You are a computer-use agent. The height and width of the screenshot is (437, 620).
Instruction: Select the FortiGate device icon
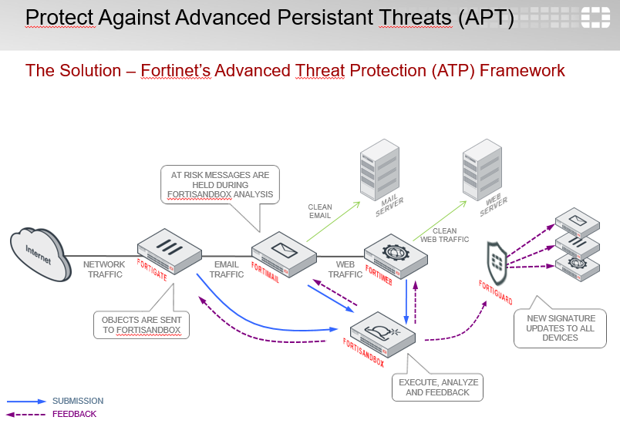168,250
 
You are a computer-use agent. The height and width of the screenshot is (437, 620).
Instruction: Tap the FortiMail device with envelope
284,252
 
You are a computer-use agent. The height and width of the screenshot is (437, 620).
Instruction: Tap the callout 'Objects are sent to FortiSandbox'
141,324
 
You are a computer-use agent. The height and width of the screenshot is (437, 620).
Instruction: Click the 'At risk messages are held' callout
221,185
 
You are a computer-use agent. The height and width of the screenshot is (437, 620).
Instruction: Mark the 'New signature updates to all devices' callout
560,328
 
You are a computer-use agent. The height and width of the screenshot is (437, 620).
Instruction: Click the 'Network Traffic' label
104,269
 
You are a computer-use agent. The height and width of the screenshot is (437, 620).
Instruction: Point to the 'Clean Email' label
319,211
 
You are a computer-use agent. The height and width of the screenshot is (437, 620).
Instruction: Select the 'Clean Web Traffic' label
444,235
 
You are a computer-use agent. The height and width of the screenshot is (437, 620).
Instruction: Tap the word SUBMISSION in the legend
77,401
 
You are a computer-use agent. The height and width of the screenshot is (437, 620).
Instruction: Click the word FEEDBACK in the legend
74,414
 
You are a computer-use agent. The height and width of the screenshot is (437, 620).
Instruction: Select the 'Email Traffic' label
227,269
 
